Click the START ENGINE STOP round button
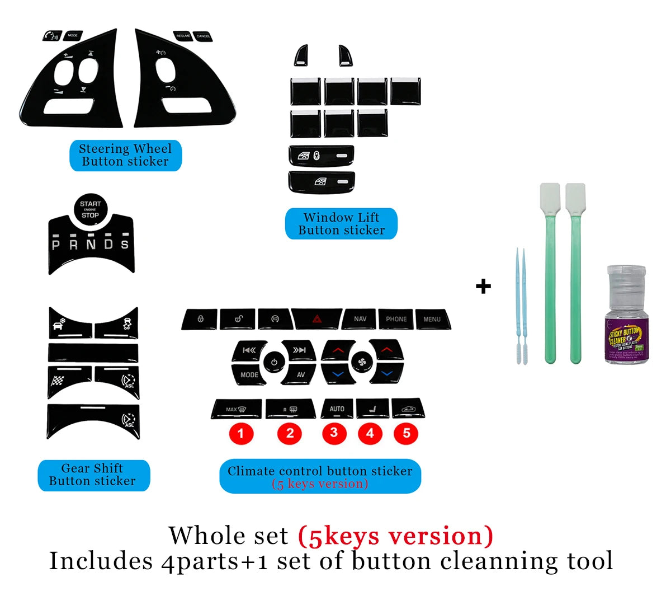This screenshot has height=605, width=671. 90,210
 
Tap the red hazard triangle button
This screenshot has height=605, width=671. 316,319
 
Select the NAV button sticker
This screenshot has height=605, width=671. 360,319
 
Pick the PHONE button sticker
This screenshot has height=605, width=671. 396,319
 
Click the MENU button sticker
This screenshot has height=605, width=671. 432,319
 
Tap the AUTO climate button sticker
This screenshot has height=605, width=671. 337,409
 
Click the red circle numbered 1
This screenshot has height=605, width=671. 241,433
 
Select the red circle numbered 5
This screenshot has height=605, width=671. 407,433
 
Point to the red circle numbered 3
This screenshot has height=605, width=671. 334,433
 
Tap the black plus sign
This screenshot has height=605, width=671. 483,287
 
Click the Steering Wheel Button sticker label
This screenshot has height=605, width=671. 125,156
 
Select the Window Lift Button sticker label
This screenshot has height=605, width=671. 341,224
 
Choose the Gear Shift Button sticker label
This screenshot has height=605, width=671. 93,475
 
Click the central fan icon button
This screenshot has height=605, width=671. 361,363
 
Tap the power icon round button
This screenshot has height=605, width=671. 274,362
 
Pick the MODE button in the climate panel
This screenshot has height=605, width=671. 249,374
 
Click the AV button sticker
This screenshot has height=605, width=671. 300,374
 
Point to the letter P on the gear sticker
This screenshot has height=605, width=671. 56,245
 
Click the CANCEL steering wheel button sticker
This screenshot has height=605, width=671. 203,36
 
